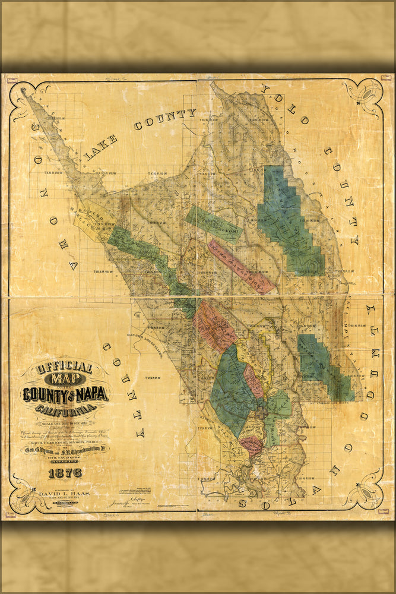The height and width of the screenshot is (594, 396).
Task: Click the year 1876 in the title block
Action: [65, 473]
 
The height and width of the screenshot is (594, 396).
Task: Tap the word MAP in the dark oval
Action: [65, 380]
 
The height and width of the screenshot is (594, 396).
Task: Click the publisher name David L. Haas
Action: [66, 493]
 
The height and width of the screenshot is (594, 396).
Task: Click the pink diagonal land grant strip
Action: [241, 266]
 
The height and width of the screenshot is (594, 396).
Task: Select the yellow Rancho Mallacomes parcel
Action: [95, 220]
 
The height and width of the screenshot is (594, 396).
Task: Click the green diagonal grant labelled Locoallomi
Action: [213, 225]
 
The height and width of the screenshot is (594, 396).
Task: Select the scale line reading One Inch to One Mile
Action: [65, 423]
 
